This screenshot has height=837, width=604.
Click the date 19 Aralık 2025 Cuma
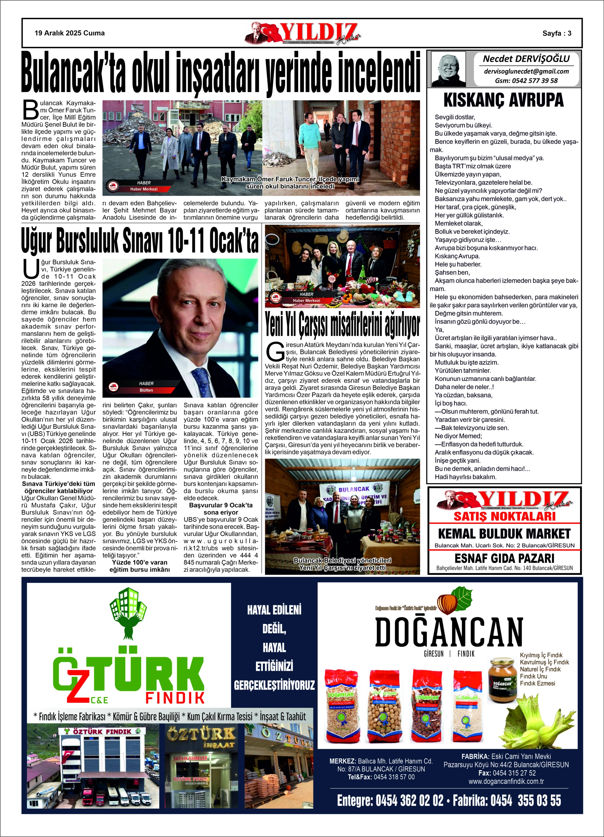69,33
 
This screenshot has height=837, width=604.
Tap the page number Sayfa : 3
556,33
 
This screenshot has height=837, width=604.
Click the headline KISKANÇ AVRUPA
503,100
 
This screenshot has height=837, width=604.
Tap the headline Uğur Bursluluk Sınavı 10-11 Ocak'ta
139,241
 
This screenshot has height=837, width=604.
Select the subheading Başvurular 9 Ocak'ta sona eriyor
221,509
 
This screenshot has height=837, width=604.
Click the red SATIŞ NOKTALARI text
504,516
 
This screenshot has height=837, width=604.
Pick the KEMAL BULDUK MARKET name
504,534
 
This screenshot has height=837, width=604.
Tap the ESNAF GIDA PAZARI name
504,558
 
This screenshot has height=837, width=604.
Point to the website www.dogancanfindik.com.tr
506,781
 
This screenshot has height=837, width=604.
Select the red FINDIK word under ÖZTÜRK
175,698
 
